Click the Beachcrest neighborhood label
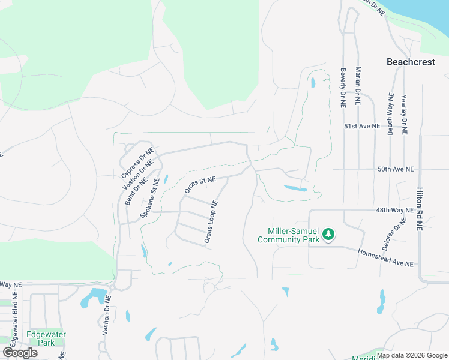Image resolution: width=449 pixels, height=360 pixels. point(411,61)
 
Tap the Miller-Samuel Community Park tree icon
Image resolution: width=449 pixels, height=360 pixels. point(328,234)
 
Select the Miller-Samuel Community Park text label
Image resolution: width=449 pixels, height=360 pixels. point(288,235)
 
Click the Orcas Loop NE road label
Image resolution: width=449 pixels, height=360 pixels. point(210,222)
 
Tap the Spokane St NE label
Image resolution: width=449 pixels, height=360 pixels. point(150,197)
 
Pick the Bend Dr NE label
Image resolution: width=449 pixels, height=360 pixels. point(132,190)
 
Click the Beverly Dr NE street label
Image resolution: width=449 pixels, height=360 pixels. point(343,87)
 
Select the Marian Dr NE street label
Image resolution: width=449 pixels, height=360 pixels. point(358,86)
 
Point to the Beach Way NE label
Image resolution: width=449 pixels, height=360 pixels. point(391,113)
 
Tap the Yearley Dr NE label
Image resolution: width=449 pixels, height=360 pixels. point(405,113)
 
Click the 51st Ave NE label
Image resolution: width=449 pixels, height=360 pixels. point(362,127)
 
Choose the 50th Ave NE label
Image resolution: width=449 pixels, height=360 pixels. point(396,170)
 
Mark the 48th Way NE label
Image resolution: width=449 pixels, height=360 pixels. point(395,211)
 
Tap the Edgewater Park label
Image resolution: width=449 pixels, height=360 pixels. point(46,338)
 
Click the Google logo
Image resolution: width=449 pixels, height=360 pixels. point(20,352)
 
